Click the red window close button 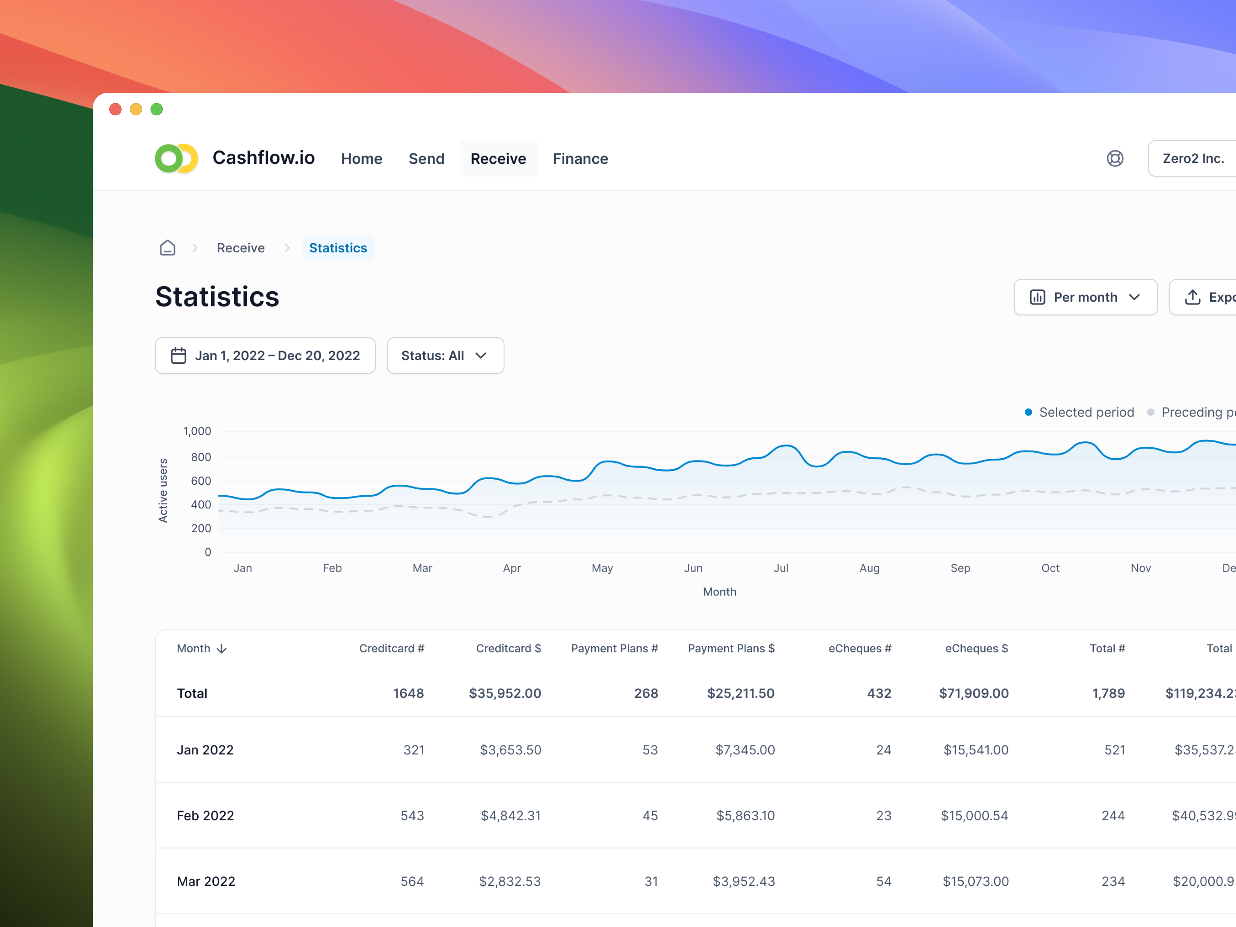click(x=115, y=109)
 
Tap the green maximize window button click(x=156, y=109)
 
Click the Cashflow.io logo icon click(x=176, y=159)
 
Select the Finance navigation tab click(x=580, y=159)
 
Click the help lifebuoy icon click(x=1114, y=159)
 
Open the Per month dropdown click(x=1085, y=297)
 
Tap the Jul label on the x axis click(x=781, y=568)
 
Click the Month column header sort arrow click(x=222, y=649)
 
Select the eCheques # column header click(x=859, y=648)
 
